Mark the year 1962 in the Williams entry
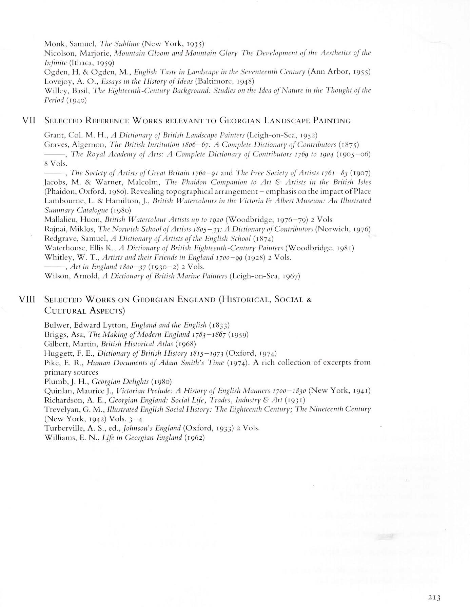pos(194,437)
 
